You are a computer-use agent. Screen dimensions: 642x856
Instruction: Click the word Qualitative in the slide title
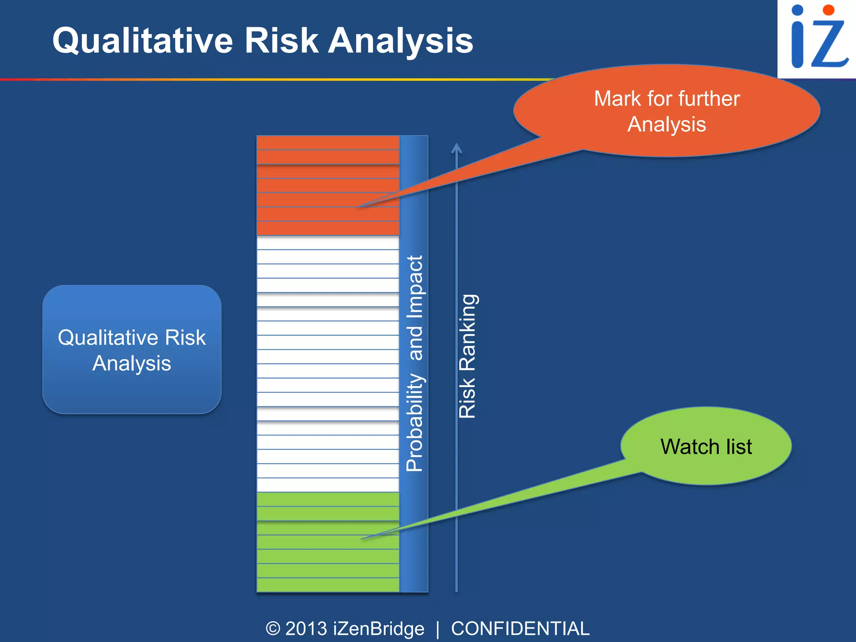pyautogui.click(x=142, y=41)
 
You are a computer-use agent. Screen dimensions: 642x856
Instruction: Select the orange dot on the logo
pyautogui.click(x=828, y=10)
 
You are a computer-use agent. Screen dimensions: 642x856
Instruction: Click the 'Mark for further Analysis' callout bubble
pyautogui.click(x=667, y=111)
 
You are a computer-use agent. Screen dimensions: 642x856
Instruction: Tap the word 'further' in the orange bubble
pyautogui.click(x=709, y=99)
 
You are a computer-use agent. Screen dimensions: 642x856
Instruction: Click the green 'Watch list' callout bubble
pyautogui.click(x=706, y=446)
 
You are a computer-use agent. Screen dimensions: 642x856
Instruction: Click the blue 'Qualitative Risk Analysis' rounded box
pyautogui.click(x=132, y=350)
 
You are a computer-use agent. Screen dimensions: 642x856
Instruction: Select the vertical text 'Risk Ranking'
pyautogui.click(x=467, y=356)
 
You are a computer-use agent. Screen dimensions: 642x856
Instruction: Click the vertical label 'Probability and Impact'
pyautogui.click(x=415, y=364)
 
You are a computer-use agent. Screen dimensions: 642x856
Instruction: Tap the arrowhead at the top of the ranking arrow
pyautogui.click(x=456, y=147)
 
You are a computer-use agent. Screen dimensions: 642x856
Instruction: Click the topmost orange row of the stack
pyautogui.click(x=328, y=143)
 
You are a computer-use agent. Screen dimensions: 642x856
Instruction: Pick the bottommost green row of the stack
pyautogui.click(x=328, y=585)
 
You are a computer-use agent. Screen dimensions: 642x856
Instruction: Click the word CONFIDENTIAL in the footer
pyautogui.click(x=520, y=629)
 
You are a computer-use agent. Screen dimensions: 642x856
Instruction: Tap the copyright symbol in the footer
pyautogui.click(x=273, y=629)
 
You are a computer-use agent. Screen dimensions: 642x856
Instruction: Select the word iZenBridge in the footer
pyautogui.click(x=379, y=629)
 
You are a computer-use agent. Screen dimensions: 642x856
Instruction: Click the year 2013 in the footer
pyautogui.click(x=306, y=629)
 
